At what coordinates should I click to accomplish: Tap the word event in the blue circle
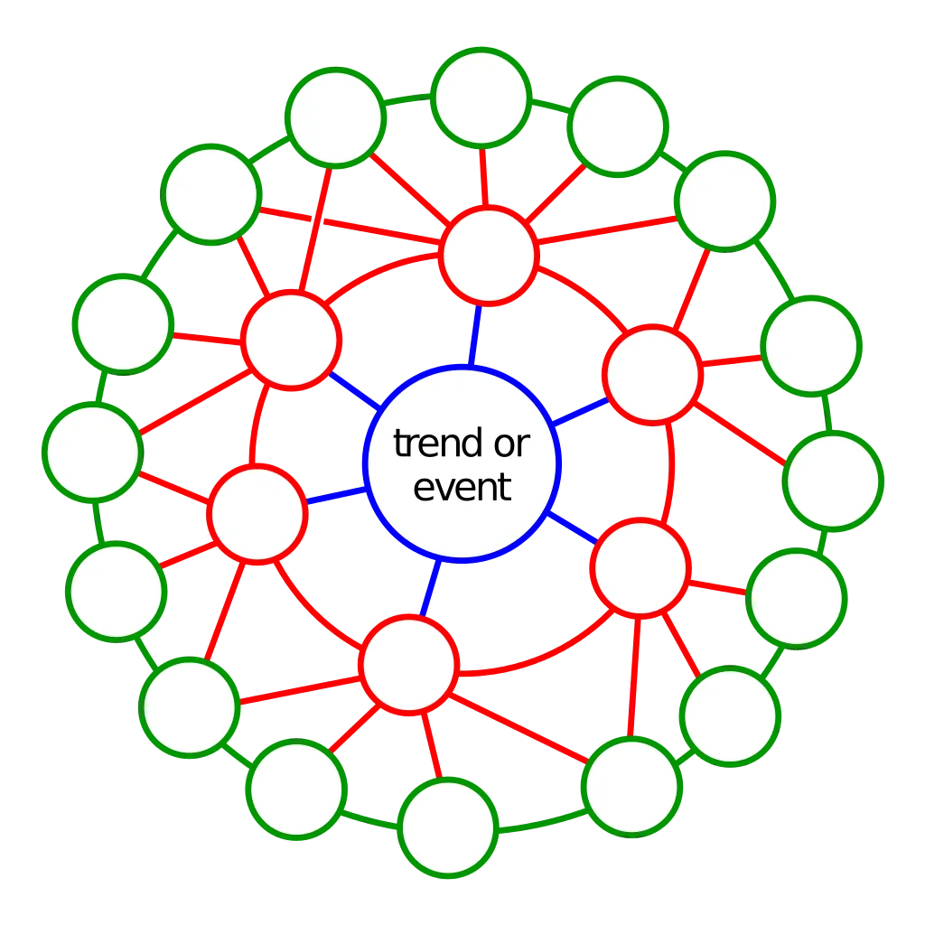point(462,487)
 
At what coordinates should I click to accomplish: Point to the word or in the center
point(512,444)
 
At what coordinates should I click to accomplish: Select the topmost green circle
point(481,98)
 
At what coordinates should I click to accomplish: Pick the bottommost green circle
point(448,827)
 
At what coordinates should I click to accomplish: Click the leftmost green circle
point(93,453)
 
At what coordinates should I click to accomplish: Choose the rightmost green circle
point(833,481)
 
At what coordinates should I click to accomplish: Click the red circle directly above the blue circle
point(489,256)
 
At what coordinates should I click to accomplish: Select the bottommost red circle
point(409,665)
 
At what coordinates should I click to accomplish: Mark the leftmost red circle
point(257,514)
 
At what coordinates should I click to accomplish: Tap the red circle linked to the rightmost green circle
point(652,375)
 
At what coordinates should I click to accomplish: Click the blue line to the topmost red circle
point(475,336)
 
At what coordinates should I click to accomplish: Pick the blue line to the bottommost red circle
point(431,587)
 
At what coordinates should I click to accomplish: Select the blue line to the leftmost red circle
point(337,496)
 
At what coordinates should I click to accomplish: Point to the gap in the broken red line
point(317,221)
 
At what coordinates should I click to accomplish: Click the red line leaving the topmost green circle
point(484,176)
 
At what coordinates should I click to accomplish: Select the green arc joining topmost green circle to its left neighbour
point(407,99)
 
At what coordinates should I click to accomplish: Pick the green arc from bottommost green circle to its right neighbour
point(543,822)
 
